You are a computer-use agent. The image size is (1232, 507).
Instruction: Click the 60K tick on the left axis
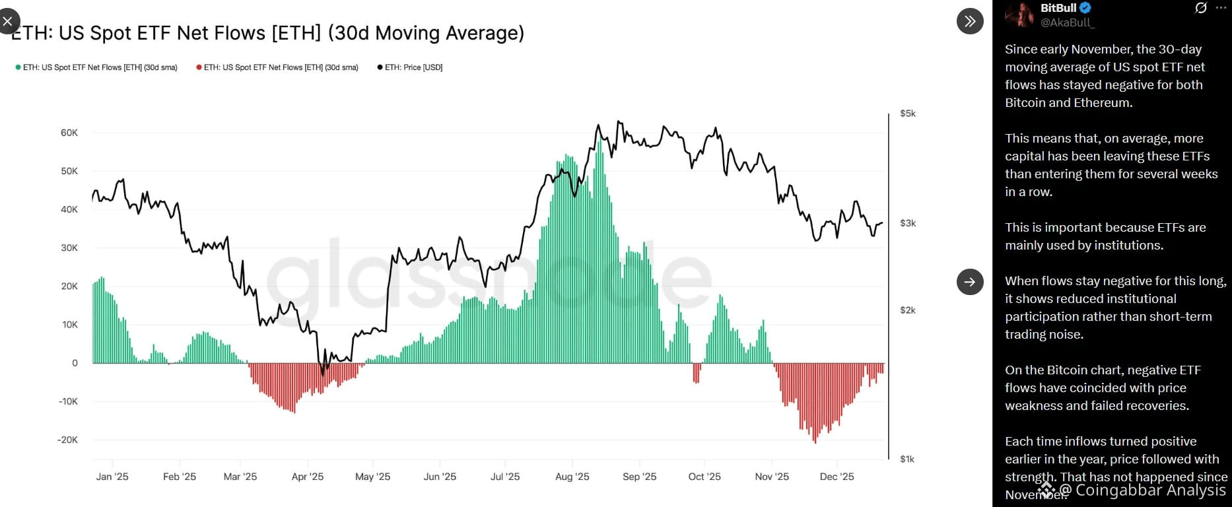pyautogui.click(x=69, y=133)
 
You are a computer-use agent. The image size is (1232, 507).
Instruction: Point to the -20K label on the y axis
pyautogui.click(x=68, y=440)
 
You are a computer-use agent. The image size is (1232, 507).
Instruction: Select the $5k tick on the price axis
pyautogui.click(x=908, y=114)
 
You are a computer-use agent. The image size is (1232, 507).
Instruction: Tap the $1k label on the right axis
pyautogui.click(x=907, y=459)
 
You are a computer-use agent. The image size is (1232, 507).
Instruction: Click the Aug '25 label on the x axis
pyautogui.click(x=572, y=477)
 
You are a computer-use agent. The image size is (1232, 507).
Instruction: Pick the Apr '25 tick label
pyautogui.click(x=308, y=477)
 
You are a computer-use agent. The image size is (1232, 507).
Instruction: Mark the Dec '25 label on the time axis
pyautogui.click(x=837, y=477)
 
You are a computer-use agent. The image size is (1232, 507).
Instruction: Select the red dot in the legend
pyautogui.click(x=199, y=67)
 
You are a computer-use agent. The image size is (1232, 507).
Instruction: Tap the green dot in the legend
pyautogui.click(x=18, y=67)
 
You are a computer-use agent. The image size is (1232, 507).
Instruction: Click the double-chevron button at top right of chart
pyautogui.click(x=970, y=21)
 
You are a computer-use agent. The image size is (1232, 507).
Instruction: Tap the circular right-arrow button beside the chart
pyautogui.click(x=970, y=282)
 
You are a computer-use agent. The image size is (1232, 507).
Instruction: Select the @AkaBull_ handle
pyautogui.click(x=1067, y=22)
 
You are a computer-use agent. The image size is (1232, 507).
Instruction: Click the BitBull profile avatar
pyautogui.click(x=1020, y=15)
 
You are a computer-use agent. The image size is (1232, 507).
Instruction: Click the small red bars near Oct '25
pyautogui.click(x=696, y=373)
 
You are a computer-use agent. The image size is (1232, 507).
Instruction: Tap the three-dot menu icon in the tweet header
pyautogui.click(x=1220, y=8)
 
